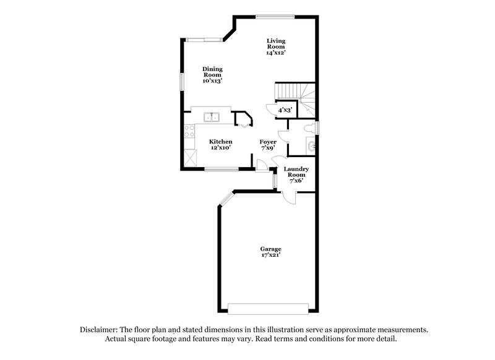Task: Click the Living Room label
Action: point(276,43)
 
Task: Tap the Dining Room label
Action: point(212,72)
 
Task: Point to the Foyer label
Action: point(268,142)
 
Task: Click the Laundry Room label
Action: point(296,172)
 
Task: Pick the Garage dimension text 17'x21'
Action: point(270,254)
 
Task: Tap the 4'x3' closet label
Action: point(285,110)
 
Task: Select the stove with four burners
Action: point(190,132)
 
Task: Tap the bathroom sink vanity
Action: point(311,146)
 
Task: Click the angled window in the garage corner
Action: point(226,199)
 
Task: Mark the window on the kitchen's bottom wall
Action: point(221,169)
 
